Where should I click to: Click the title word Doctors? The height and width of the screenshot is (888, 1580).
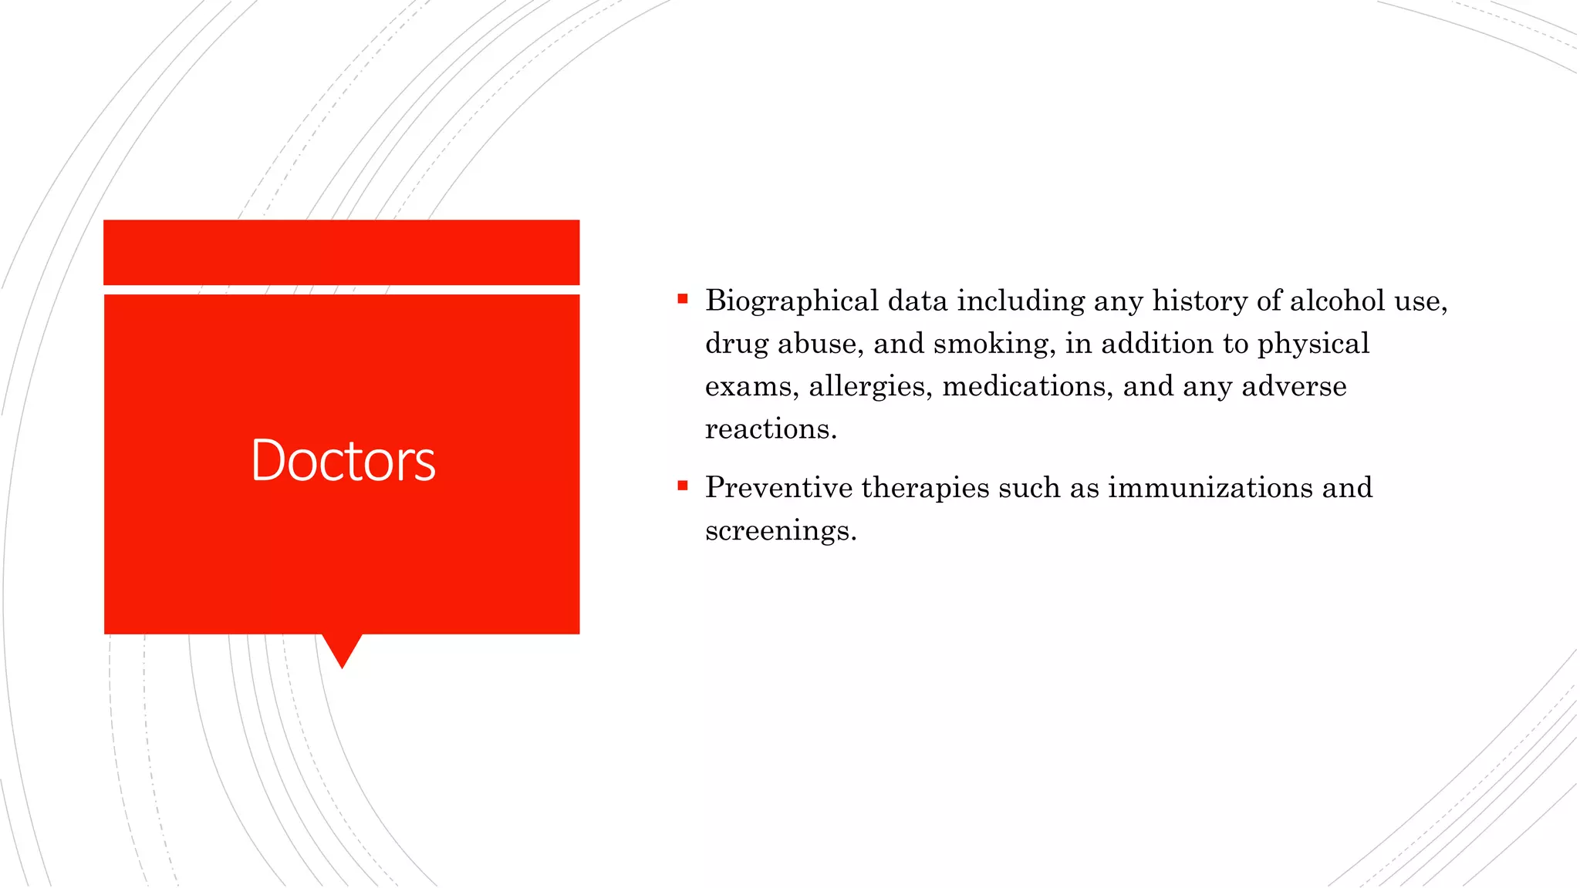click(x=343, y=460)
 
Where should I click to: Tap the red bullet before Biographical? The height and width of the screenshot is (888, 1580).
click(x=682, y=299)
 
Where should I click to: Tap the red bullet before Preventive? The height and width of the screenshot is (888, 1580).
click(x=682, y=486)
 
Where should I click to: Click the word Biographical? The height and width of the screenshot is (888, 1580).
click(x=792, y=301)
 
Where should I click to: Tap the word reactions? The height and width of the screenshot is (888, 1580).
click(x=771, y=429)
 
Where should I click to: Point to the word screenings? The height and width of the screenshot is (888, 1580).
click(x=780, y=531)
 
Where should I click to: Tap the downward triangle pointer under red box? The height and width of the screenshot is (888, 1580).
click(x=342, y=648)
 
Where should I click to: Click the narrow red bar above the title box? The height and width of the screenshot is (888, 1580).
click(x=341, y=252)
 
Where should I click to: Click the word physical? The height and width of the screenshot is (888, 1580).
click(x=1313, y=344)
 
